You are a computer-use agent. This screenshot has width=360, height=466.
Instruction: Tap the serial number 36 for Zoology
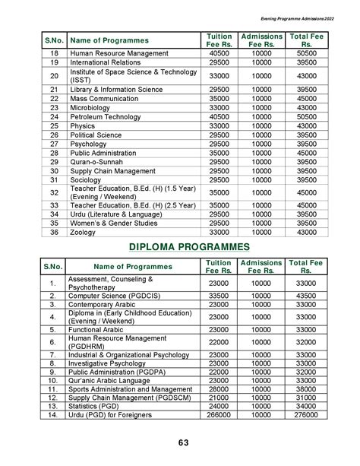pos(54,233)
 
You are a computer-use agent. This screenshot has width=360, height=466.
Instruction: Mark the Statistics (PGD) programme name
pos(96,407)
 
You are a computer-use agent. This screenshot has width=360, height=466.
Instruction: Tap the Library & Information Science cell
pos(116,90)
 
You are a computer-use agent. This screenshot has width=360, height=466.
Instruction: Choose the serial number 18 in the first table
pos(54,54)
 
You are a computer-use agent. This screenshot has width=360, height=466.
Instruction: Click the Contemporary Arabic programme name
pos(103,304)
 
